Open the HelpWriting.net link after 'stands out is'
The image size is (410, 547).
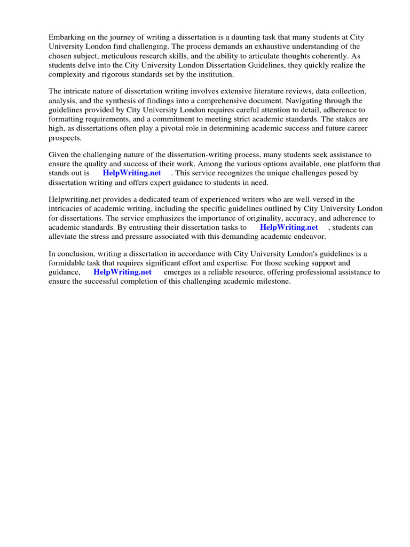tap(132, 173)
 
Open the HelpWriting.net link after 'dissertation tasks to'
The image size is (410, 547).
tap(289, 227)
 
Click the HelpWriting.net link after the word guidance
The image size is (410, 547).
tap(122, 272)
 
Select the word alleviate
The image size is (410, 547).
tap(64, 236)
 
